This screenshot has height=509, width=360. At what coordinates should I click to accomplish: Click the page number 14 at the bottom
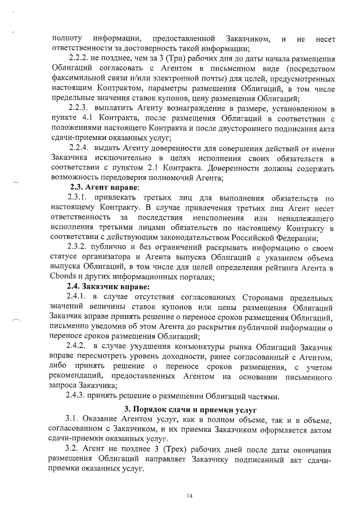[190, 496]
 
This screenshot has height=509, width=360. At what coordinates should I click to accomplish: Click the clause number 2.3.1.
[79, 197]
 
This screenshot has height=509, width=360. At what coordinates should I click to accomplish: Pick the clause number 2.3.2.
[79, 247]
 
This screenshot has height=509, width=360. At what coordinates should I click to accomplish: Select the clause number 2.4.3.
[79, 396]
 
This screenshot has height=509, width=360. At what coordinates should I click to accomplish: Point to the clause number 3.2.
[73, 450]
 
